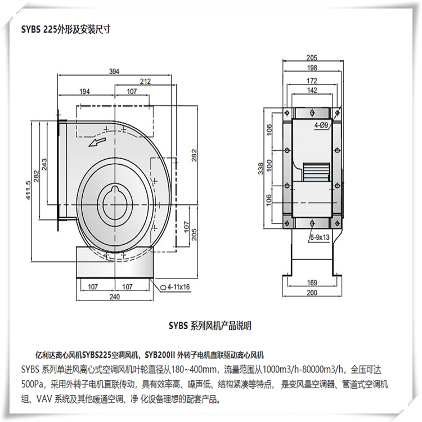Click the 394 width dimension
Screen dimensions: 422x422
pyautogui.click(x=114, y=71)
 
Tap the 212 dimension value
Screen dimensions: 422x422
pyautogui.click(x=145, y=81)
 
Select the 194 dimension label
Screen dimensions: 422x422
pyautogui.click(x=84, y=92)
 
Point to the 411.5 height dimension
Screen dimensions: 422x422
pyautogui.click(x=28, y=190)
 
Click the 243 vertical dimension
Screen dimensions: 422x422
pyautogui.click(x=44, y=164)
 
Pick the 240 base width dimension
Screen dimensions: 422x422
pyautogui.click(x=115, y=297)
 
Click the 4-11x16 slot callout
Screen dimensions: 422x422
pyautogui.click(x=176, y=287)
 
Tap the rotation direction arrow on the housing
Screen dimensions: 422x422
pyautogui.click(x=97, y=141)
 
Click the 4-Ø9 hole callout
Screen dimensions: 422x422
pyautogui.click(x=322, y=125)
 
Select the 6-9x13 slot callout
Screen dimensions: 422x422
pyautogui.click(x=320, y=237)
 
